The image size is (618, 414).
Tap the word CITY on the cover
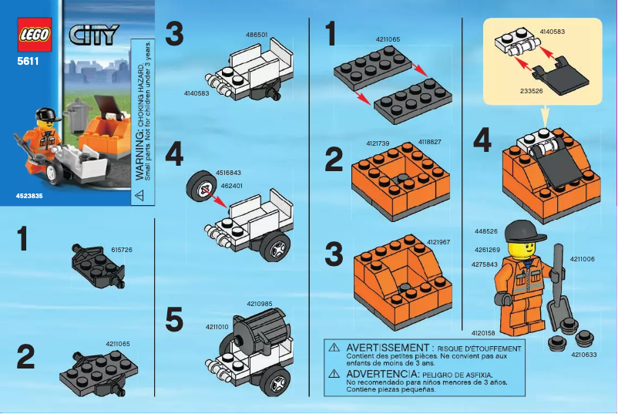click(x=94, y=35)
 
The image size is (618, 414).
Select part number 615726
click(x=123, y=250)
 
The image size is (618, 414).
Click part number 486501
click(x=257, y=35)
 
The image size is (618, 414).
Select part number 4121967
click(x=438, y=241)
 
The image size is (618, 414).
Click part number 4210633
click(x=583, y=355)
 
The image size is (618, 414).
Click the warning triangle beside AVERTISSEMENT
click(x=334, y=348)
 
